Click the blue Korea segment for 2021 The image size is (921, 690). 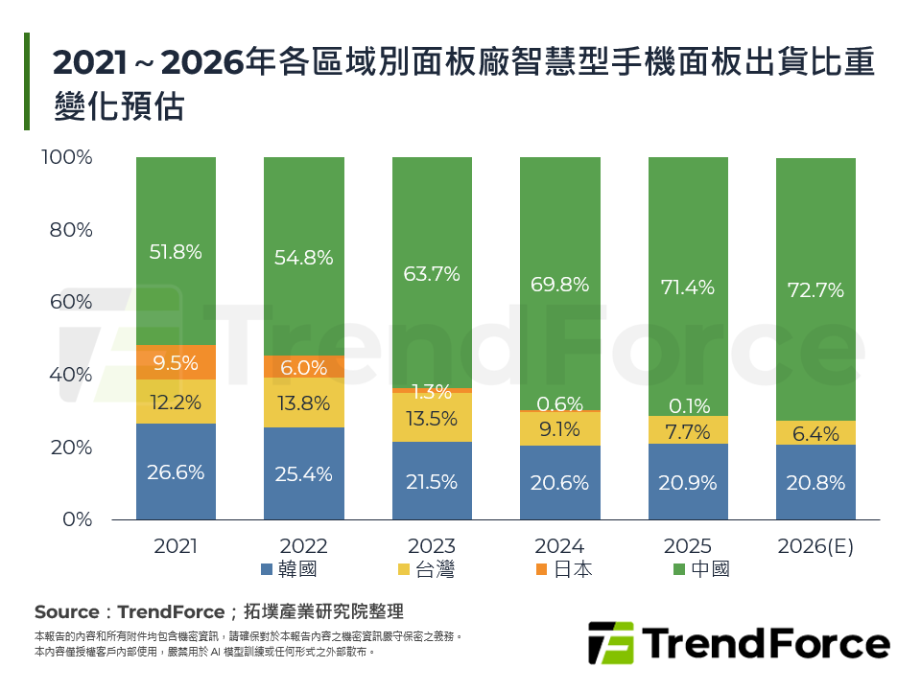tap(176, 471)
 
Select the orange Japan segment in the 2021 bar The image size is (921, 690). tap(176, 361)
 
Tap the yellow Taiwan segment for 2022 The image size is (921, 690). tap(303, 402)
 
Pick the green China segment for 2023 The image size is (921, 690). tap(432, 272)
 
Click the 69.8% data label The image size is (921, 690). tap(559, 284)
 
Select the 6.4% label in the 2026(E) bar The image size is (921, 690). tap(815, 433)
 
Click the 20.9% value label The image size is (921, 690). tap(687, 483)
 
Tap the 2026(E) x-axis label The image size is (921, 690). tap(815, 546)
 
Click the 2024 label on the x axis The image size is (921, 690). tap(559, 546)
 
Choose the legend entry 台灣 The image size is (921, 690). tap(426, 569)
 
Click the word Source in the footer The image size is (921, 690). tap(66, 612)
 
